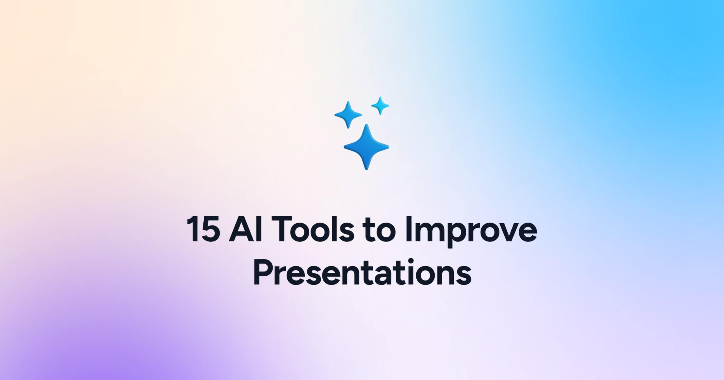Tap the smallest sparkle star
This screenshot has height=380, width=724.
click(380, 106)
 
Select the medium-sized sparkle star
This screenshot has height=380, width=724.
click(348, 115)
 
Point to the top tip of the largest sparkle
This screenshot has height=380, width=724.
click(367, 125)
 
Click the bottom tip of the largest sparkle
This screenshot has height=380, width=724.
click(367, 169)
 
